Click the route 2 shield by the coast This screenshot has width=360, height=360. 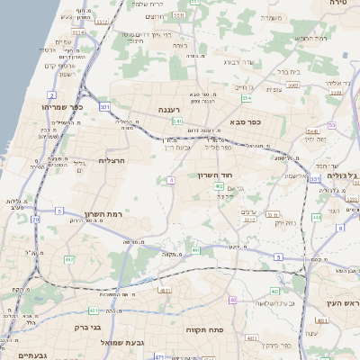(x=52, y=94)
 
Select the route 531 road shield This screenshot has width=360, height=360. (x=106, y=107)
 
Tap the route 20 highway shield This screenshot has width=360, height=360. (x=35, y=219)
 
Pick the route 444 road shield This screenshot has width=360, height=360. (x=317, y=217)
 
